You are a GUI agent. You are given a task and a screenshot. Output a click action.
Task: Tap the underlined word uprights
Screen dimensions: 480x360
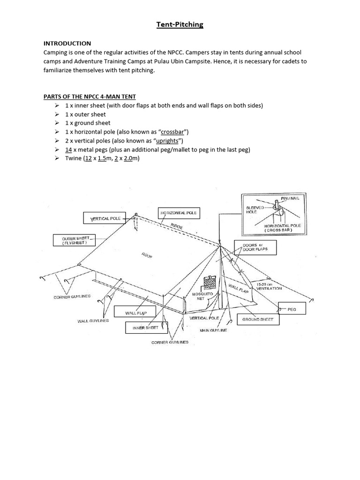168,141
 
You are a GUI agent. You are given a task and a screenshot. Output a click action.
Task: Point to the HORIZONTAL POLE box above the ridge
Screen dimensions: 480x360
179,213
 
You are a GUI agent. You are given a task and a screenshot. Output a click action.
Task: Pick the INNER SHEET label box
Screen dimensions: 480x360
146,328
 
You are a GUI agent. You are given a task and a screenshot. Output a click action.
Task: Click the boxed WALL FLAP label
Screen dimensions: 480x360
136,312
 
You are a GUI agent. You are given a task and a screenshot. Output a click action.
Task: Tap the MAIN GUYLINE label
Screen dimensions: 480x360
213,330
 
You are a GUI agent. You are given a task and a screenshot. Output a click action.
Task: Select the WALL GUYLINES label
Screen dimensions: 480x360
93,321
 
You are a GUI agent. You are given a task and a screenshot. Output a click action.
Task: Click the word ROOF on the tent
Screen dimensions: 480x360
147,255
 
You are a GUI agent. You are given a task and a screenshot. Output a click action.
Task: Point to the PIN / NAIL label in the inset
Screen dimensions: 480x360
293,199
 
